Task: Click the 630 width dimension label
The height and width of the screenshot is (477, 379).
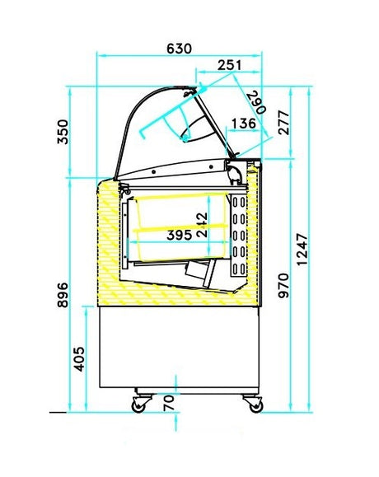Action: [x=179, y=49]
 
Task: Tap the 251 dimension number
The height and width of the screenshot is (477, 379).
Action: [x=230, y=65]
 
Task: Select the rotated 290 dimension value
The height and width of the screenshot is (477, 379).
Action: [x=256, y=102]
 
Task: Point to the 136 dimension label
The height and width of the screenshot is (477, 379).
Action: [x=244, y=124]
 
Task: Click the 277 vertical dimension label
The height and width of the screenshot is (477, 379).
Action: [x=283, y=123]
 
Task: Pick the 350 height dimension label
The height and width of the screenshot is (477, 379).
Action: [x=63, y=132]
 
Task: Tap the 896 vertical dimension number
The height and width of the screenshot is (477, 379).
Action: [x=63, y=295]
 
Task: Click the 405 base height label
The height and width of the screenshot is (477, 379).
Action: [x=79, y=359]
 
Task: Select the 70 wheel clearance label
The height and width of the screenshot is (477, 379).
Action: [x=169, y=403]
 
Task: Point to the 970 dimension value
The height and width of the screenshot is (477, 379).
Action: [x=283, y=286]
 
